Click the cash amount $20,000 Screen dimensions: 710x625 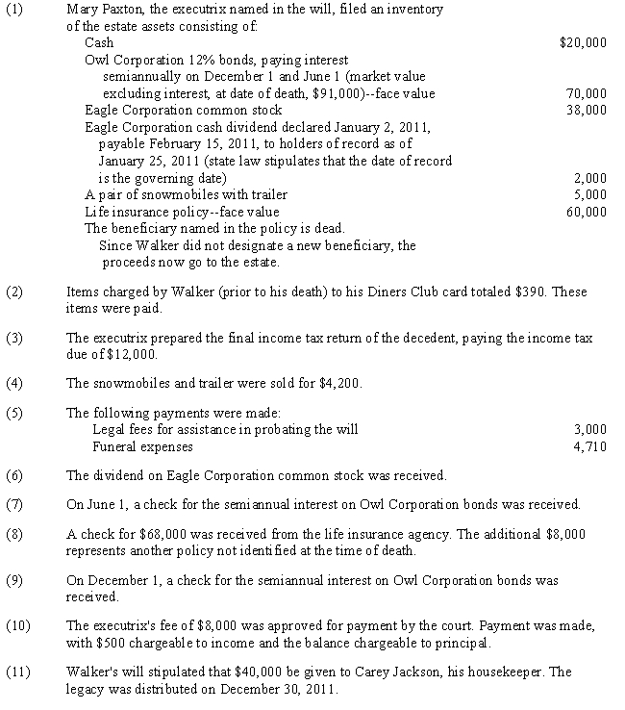tap(583, 42)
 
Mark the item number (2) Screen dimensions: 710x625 tap(13, 292)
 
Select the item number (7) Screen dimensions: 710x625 tap(13, 504)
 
